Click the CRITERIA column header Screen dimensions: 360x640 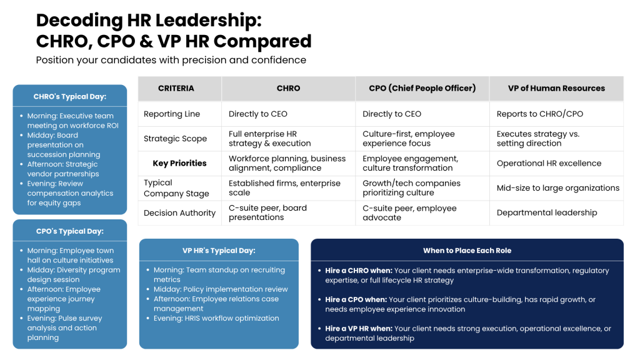[x=176, y=88]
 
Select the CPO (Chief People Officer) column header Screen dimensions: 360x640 [x=422, y=88]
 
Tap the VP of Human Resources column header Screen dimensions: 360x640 [x=556, y=88]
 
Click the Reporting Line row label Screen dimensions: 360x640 [x=172, y=114]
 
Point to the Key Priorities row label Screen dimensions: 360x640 [x=179, y=163]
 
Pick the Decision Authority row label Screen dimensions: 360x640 [x=179, y=212]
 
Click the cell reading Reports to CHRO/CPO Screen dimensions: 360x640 [x=536, y=114]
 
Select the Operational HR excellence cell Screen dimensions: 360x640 [x=549, y=163]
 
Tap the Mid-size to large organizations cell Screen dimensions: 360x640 [x=557, y=187]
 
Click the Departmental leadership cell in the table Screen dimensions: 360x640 [x=547, y=212]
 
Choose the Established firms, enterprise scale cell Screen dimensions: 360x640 [x=284, y=188]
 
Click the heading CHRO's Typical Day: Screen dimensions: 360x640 [x=70, y=97]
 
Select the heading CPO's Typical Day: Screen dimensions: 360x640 [x=70, y=231]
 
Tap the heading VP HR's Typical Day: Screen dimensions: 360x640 [x=219, y=251]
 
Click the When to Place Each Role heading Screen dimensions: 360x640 [x=467, y=251]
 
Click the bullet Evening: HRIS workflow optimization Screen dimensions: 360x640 [x=216, y=318]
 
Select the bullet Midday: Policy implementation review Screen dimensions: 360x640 [x=221, y=289]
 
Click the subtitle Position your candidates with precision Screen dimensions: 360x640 [x=171, y=60]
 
